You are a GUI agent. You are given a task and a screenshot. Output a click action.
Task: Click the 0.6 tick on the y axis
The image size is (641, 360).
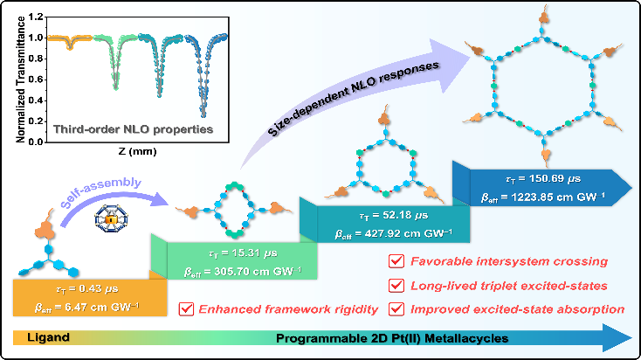tap(37, 80)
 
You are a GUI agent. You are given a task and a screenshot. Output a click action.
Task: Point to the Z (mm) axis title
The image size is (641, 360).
tap(137, 151)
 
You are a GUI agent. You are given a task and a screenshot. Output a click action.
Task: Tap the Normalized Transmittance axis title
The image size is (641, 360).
tap(20, 80)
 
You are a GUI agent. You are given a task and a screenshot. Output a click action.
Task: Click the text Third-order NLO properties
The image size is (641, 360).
tap(134, 129)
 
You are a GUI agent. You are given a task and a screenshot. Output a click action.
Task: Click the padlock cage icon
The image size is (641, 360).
tap(111, 218)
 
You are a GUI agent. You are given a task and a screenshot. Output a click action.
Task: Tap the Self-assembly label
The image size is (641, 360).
tap(101, 192)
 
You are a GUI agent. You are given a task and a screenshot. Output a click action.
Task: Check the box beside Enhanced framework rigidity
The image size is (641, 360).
tap(186, 309)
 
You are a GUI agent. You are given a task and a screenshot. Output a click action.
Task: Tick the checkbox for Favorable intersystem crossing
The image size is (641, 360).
tap(396, 261)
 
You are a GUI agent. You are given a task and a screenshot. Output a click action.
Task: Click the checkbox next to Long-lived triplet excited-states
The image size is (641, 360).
tap(396, 286)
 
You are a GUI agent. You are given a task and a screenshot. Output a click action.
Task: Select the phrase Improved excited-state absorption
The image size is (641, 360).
tap(518, 309)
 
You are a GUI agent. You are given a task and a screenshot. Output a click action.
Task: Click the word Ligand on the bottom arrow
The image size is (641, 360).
tap(48, 337)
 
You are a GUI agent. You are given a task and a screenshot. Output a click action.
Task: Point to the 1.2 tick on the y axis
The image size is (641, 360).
tap(37, 17)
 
